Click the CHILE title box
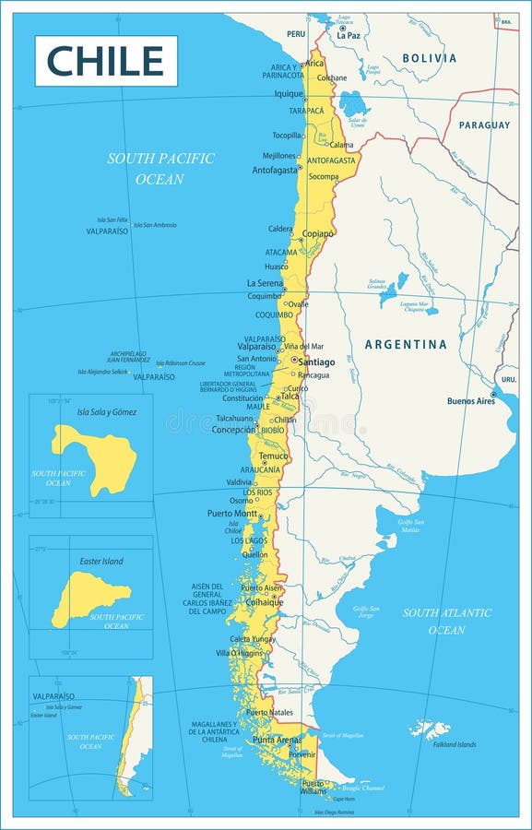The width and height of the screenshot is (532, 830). coord(106,61)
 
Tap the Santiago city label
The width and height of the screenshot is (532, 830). coord(316,362)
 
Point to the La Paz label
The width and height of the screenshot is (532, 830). coord(349,35)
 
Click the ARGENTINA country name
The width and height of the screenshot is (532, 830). coord(406,344)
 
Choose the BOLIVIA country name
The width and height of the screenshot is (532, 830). coord(429,58)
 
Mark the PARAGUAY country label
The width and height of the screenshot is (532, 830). coord(484,125)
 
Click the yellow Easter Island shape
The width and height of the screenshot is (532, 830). coord(89,596)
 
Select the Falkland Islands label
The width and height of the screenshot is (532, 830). coord(455,744)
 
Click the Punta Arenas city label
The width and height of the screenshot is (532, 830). coord(277,740)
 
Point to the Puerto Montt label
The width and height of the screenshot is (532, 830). coord(231,514)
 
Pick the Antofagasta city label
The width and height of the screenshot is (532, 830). coord(275,170)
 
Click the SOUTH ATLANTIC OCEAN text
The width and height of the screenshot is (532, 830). coord(446,621)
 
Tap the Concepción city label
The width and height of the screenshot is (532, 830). coord(233,429)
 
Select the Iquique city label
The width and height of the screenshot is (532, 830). coord(288,93)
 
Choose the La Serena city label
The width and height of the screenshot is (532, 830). coord(264,283)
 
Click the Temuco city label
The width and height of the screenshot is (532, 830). coord(273,456)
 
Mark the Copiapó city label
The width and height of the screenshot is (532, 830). coord(317,234)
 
